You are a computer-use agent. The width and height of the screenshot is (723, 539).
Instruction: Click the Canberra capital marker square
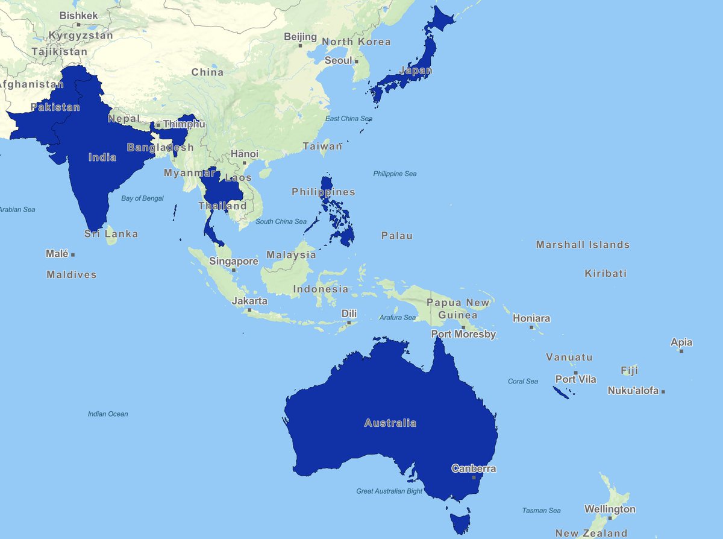[x=474, y=478]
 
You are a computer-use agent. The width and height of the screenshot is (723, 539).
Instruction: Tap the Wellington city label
[x=610, y=509]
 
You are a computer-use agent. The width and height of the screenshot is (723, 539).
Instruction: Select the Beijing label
[x=300, y=37]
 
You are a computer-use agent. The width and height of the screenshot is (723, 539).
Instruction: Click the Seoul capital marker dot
[x=356, y=61]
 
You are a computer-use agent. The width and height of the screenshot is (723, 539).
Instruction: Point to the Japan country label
[x=416, y=71]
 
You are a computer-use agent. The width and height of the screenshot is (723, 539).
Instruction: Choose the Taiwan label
[x=322, y=146]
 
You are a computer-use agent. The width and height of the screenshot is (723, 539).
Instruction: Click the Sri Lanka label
[x=111, y=233]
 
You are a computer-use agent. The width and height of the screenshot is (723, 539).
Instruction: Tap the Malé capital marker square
[x=73, y=255]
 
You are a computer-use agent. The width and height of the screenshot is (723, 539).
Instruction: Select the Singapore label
[x=234, y=261]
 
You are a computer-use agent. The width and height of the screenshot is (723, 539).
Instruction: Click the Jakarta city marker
[x=249, y=310]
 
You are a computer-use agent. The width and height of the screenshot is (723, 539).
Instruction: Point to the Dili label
[x=349, y=313]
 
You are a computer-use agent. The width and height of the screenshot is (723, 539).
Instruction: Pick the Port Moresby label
[x=463, y=334]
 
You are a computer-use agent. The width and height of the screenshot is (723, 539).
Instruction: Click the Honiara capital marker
[x=531, y=327]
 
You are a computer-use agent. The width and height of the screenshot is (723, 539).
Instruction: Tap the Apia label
[x=681, y=342]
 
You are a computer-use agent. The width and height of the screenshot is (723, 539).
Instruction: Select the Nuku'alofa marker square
[x=663, y=392]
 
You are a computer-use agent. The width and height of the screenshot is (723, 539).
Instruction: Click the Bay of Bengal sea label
[x=142, y=198]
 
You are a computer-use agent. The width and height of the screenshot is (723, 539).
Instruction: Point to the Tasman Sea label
[x=542, y=511]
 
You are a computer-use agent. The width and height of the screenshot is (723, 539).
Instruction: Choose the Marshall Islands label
[x=583, y=245]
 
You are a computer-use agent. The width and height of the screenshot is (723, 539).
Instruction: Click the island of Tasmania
[x=460, y=520]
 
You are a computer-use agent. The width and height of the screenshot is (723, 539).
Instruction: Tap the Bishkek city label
[x=78, y=15]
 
